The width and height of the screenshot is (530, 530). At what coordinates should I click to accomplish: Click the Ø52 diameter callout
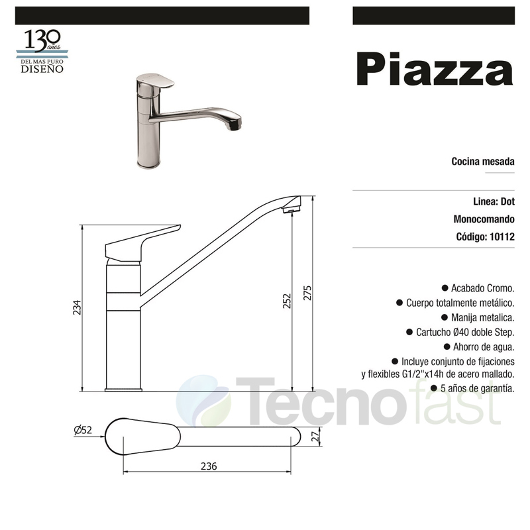click(83, 431)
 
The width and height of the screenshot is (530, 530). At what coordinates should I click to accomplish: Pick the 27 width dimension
click(316, 435)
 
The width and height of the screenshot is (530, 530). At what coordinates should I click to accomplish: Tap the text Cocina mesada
click(483, 161)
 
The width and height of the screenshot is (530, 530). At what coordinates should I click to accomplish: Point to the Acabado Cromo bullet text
click(482, 288)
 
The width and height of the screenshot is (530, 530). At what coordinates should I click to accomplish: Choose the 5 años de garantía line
click(476, 389)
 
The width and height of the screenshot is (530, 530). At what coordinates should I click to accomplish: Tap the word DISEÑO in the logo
click(42, 68)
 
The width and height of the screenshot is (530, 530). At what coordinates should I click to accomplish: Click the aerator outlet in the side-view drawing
click(290, 210)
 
